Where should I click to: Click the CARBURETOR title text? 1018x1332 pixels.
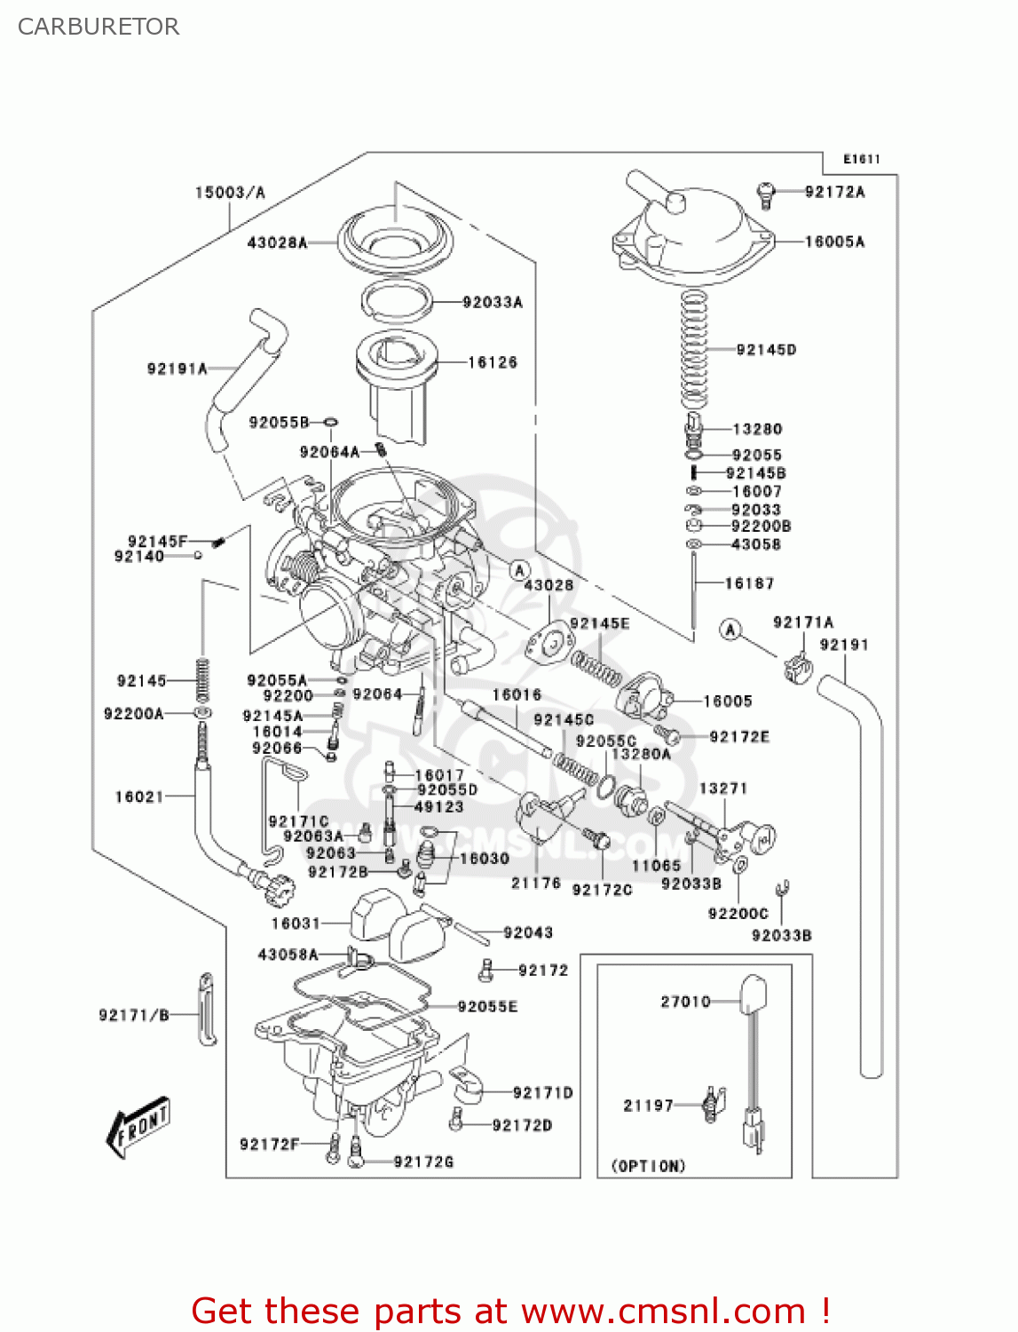pos(99,27)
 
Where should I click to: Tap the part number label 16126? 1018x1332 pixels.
pos(493,362)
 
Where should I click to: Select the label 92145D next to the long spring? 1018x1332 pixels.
pos(766,350)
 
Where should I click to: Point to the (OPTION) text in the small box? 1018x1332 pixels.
pos(648,1166)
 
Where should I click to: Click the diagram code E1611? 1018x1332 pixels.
pos(861,160)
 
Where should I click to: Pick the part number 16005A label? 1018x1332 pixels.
pos(834,242)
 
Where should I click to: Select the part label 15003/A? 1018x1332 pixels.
pos(230,193)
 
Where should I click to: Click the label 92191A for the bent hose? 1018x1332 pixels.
pos(177,369)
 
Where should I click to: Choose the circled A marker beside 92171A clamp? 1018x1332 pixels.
pos(730,630)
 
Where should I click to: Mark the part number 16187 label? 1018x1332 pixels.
pos(749,583)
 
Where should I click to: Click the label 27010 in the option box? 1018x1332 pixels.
pos(685,1002)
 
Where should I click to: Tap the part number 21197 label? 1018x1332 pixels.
pos(648,1106)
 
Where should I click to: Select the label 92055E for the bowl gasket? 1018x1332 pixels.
pos(487,1006)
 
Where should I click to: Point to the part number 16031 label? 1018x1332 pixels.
pos(296,924)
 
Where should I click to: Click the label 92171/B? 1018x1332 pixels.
pos(134,1015)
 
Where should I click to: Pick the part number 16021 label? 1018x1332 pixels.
pos(139,797)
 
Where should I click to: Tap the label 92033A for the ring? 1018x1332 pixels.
pos(493,303)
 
